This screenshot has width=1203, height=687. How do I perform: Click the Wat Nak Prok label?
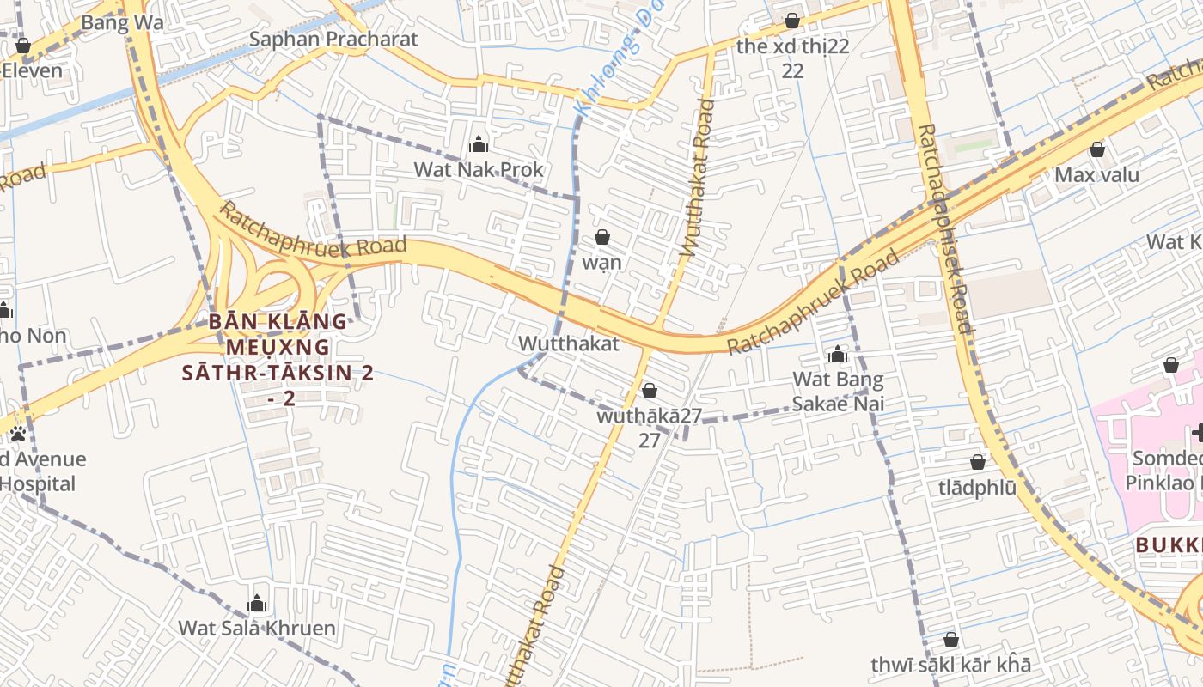click(479, 170)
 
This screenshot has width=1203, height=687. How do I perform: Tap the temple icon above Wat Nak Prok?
click(479, 144)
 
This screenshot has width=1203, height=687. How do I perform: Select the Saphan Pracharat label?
click(333, 40)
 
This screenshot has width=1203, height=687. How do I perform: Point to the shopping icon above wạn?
click(602, 237)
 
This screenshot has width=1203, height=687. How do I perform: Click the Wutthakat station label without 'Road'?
click(568, 343)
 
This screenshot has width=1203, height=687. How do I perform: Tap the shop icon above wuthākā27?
click(650, 391)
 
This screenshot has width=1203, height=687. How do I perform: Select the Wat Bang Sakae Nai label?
click(838, 391)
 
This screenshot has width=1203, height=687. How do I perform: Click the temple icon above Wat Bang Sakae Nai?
click(838, 354)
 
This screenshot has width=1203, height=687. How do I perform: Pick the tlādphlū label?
click(977, 487)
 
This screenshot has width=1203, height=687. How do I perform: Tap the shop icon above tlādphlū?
click(977, 462)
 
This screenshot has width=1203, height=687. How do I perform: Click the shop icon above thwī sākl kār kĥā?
click(950, 640)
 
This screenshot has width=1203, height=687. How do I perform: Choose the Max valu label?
click(1096, 175)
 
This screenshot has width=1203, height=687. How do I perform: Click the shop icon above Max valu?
click(1096, 149)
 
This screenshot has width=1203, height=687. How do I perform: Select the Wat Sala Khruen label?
click(256, 628)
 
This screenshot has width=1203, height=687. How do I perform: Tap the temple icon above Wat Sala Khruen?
click(256, 603)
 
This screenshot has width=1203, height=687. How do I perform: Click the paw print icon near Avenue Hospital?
click(17, 434)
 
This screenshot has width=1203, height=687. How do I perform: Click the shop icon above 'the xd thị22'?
click(792, 21)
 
